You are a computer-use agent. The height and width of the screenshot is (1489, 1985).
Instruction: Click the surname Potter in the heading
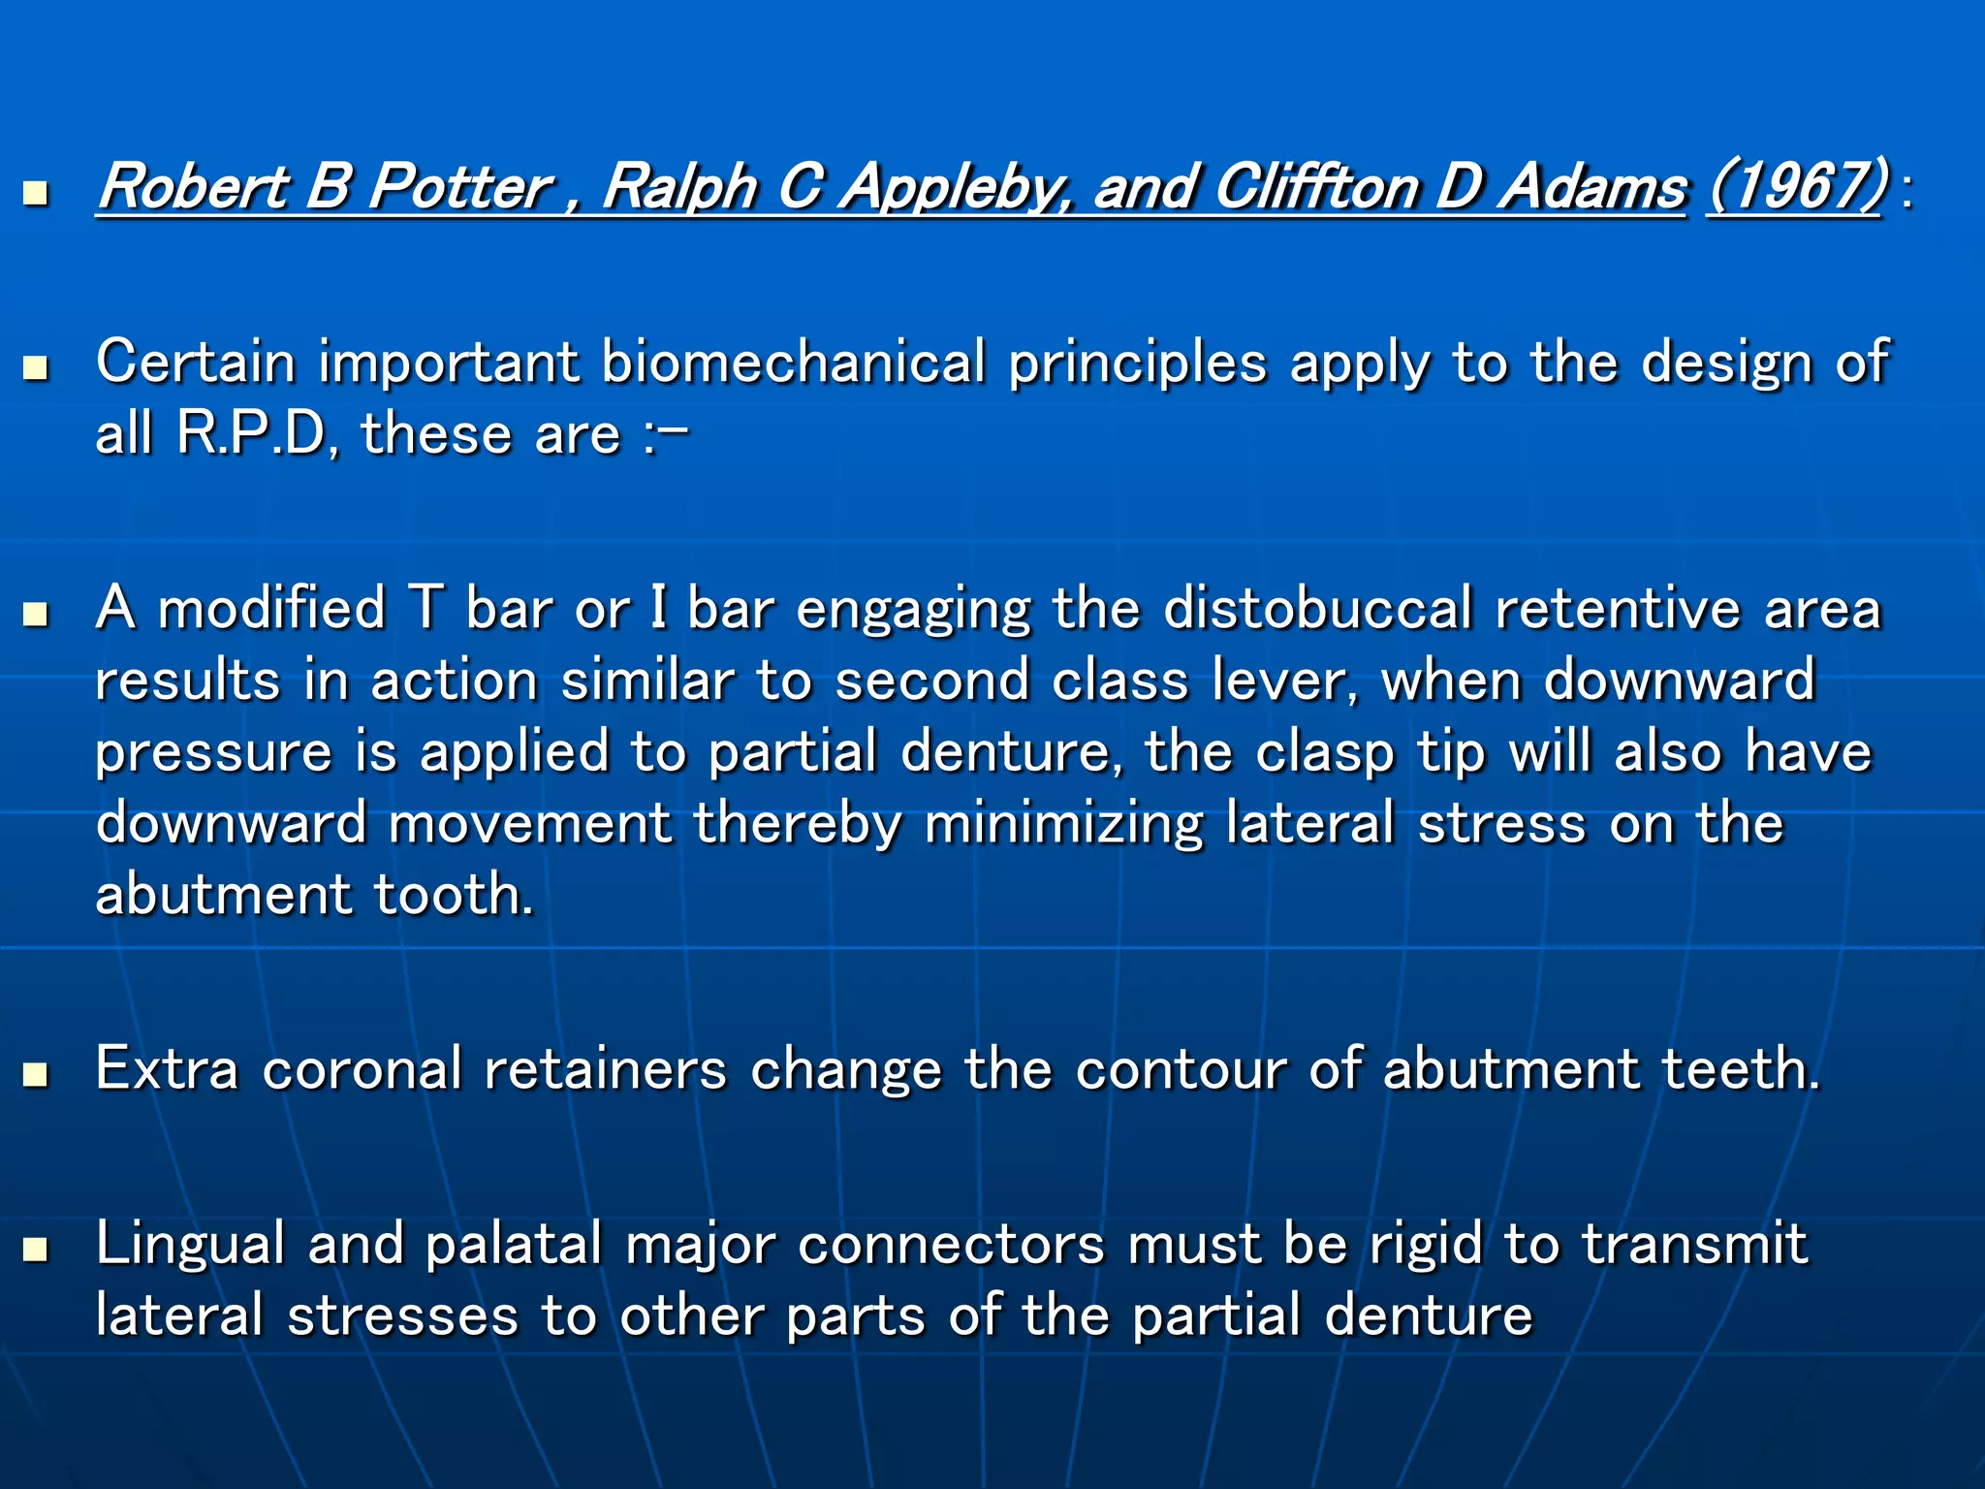click(x=460, y=186)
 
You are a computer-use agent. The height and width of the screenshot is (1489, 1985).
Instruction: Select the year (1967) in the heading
click(x=1796, y=186)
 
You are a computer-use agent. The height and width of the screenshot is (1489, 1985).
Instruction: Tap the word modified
click(x=271, y=609)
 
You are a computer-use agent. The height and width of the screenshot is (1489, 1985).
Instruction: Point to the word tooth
click(x=453, y=894)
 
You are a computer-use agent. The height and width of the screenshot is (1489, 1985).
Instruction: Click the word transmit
click(x=1695, y=1244)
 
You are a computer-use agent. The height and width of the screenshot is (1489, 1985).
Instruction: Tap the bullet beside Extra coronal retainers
click(x=36, y=1074)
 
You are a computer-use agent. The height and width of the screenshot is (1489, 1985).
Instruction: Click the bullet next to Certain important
click(x=36, y=367)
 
